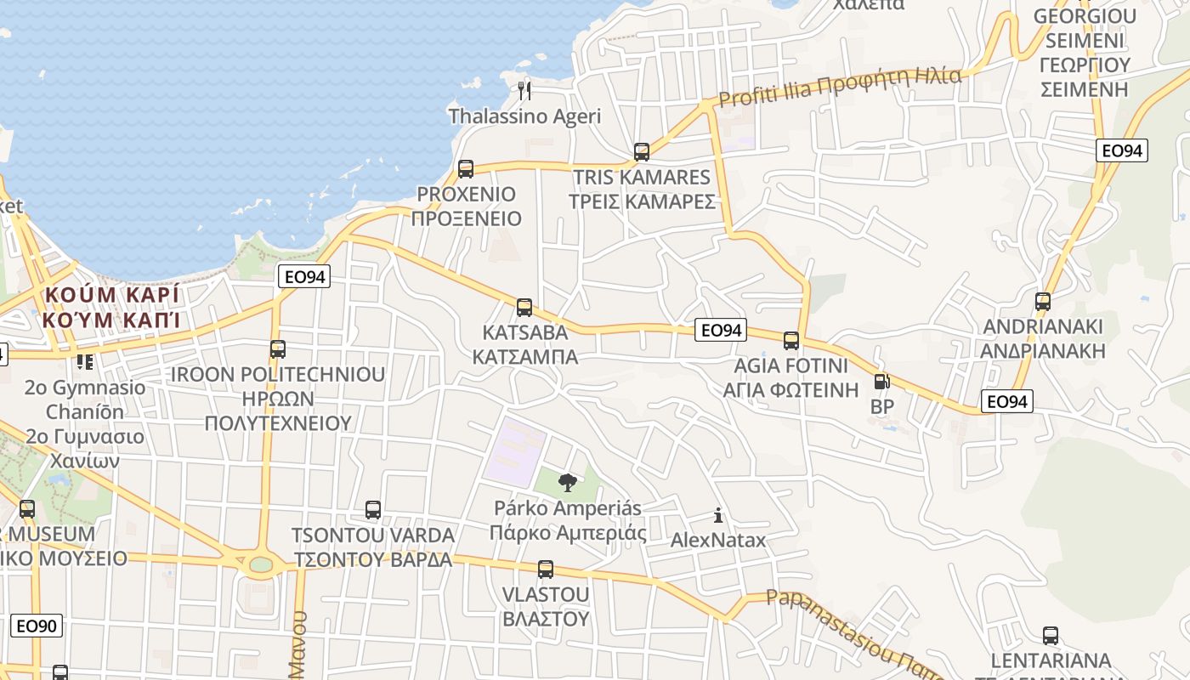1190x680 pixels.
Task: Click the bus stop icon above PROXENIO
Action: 465,168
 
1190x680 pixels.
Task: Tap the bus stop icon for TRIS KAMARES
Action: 642,152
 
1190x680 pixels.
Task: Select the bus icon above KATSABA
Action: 524,307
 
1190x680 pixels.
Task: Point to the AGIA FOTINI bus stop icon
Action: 791,341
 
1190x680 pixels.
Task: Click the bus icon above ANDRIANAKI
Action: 1043,301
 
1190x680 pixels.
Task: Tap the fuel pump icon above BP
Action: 881,382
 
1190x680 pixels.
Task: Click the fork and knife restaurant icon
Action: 524,90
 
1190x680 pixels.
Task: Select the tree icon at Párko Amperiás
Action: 567,483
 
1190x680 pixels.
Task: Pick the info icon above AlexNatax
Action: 718,515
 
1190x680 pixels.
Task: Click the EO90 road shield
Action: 36,626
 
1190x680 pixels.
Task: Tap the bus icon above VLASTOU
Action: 546,569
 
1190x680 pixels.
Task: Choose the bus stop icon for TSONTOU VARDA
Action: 373,510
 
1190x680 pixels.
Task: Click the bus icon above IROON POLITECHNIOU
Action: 277,348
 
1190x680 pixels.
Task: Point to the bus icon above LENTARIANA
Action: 1051,635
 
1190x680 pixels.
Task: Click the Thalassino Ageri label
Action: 524,116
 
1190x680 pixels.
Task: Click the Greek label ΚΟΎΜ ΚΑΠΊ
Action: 112,320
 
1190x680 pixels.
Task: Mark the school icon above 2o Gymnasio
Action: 85,362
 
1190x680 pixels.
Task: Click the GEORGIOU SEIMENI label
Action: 1085,29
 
